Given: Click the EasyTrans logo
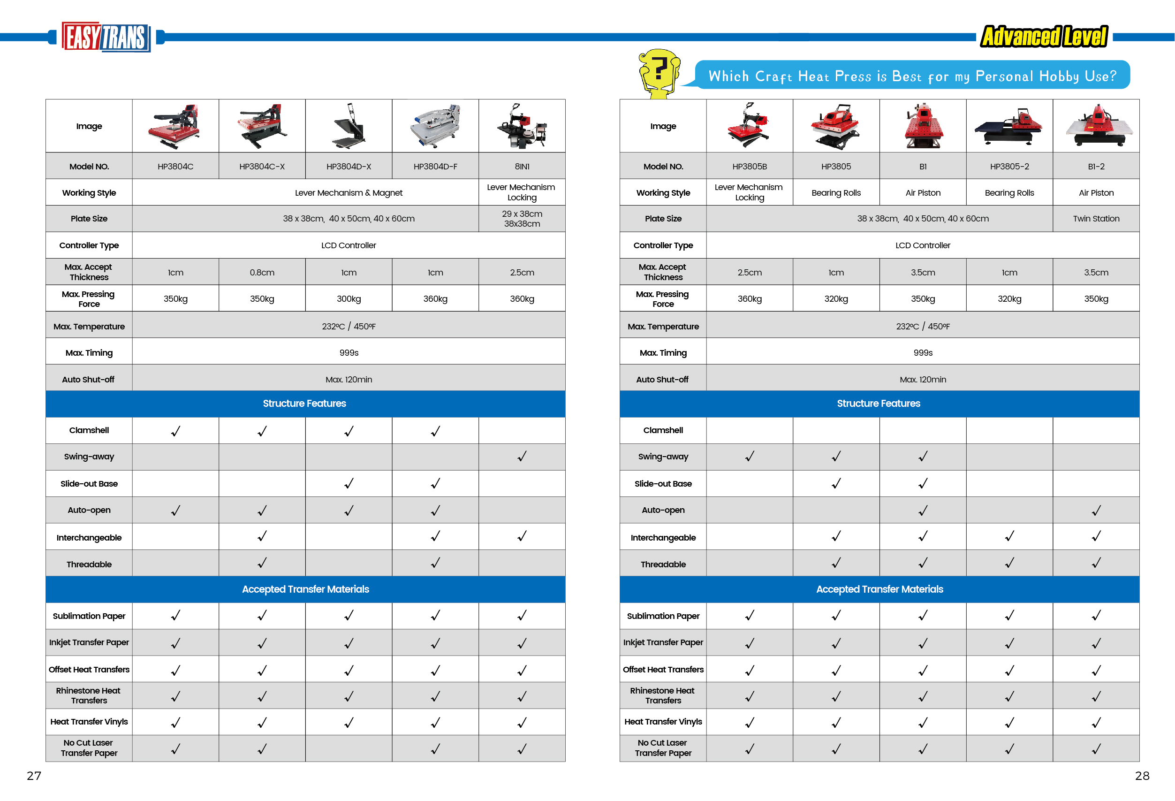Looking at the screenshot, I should pyautogui.click(x=106, y=37).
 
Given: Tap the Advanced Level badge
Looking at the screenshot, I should pyautogui.click(x=1044, y=37).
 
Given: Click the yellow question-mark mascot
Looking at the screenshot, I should pyautogui.click(x=658, y=72).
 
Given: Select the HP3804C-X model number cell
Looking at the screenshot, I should pyautogui.click(x=262, y=167).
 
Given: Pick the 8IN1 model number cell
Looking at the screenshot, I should pyautogui.click(x=522, y=167).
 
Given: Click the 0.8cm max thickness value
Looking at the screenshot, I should pyautogui.click(x=262, y=273).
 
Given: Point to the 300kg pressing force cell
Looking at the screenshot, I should pyautogui.click(x=349, y=299).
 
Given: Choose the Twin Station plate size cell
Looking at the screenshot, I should pyautogui.click(x=1096, y=219).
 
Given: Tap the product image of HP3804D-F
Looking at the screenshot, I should pyautogui.click(x=435, y=126).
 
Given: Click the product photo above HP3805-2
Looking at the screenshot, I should pyautogui.click(x=1009, y=126).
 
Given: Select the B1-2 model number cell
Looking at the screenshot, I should pyautogui.click(x=1096, y=167).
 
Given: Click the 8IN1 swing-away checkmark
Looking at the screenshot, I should pyautogui.click(x=522, y=457).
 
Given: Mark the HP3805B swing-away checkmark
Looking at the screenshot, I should pyautogui.click(x=749, y=457).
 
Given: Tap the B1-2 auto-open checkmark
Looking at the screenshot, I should pyautogui.click(x=1096, y=511).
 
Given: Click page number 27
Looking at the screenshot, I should pyautogui.click(x=34, y=776).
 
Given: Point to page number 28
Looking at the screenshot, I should pyautogui.click(x=1142, y=776).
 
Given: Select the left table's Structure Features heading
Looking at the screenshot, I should pyautogui.click(x=304, y=404).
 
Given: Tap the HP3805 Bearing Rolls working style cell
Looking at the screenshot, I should pyautogui.click(x=836, y=193).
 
